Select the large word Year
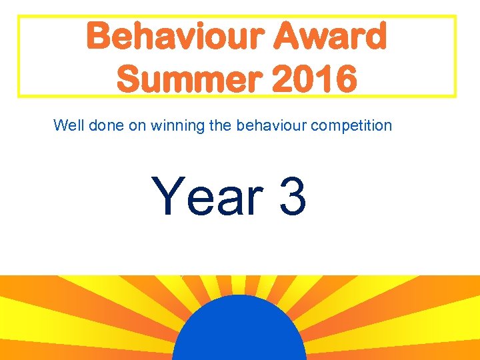pos(207,197)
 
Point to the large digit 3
pos(293,197)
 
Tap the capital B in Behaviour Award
pos(99,36)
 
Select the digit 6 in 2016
pos(345,80)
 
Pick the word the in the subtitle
pos(220,125)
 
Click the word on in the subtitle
pos(137,125)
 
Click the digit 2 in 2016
pos(283,80)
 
